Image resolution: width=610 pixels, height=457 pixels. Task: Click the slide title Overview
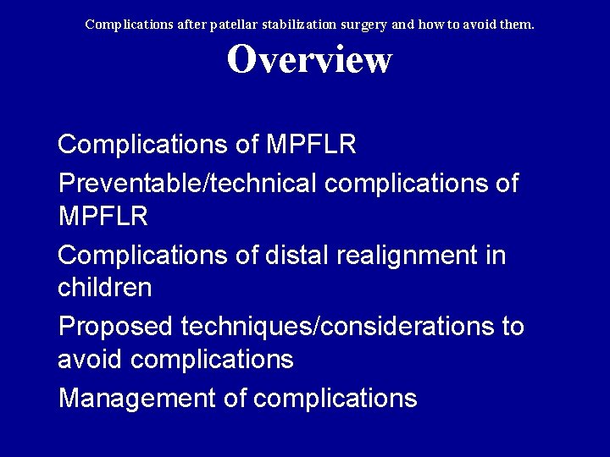pyautogui.click(x=309, y=60)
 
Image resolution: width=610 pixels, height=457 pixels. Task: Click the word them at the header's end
pyautogui.click(x=516, y=25)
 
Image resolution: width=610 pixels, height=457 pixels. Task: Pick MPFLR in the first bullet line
pyautogui.click(x=311, y=145)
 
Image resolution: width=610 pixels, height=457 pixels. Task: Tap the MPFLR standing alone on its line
pyautogui.click(x=103, y=217)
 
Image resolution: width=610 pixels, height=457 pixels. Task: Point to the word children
pyautogui.click(x=105, y=288)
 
